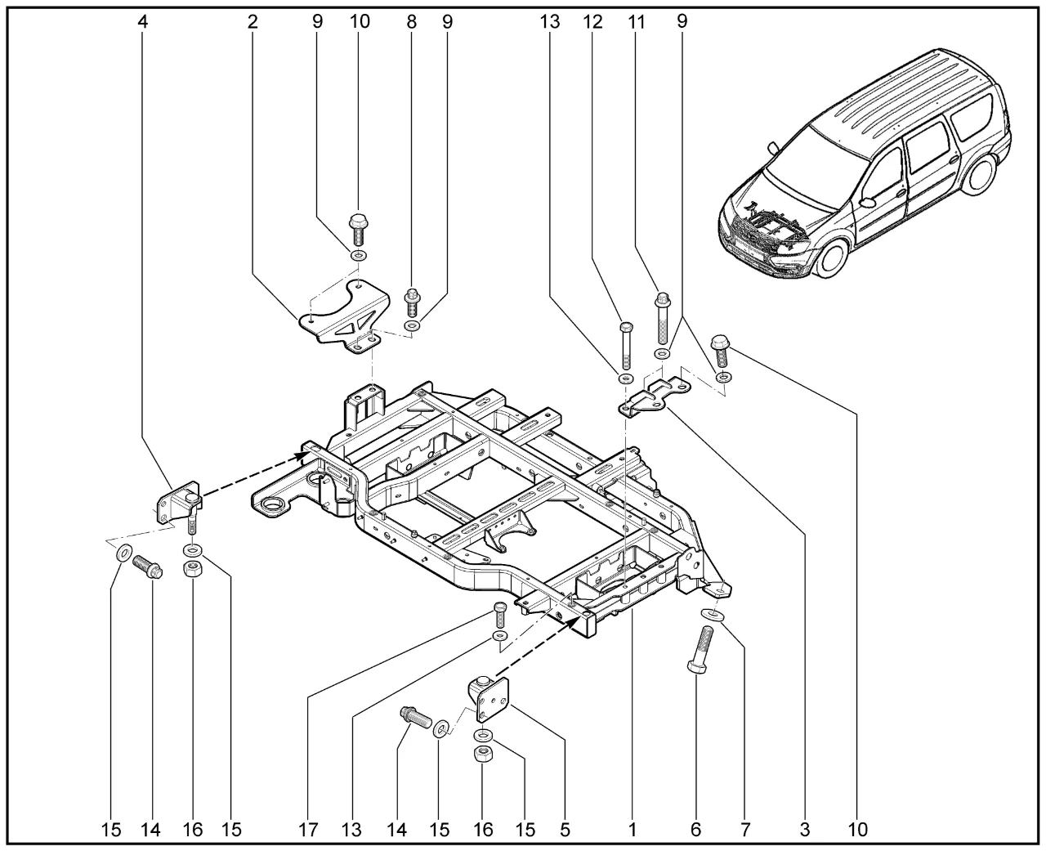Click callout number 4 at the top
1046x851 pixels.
pos(143,22)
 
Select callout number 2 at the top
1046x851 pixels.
pos(253,22)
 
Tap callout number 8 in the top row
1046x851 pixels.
pos(411,22)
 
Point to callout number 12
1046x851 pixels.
pos(592,22)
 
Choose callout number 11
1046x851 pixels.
pos(637,22)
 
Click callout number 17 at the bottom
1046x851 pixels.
pos(307,830)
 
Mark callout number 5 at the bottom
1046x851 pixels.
pos(565,830)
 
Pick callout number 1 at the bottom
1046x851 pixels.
pos(632,830)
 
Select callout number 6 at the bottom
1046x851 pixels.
pos(695,830)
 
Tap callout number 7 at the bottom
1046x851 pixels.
pos(744,830)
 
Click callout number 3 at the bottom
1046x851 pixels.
pos(805,830)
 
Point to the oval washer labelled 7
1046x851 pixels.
pos(711,615)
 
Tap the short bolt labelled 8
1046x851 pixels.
pos(412,303)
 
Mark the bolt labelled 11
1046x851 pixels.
pos(661,319)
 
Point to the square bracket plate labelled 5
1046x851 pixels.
pos(489,698)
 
